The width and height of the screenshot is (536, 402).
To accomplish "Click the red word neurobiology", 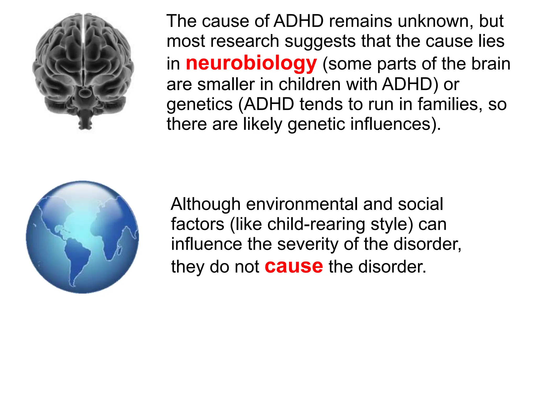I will click(251, 64).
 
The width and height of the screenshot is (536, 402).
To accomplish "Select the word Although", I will click(205, 204).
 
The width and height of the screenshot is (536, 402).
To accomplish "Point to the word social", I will click(420, 204).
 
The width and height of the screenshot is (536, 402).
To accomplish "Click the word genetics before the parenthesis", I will click(199, 105).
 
